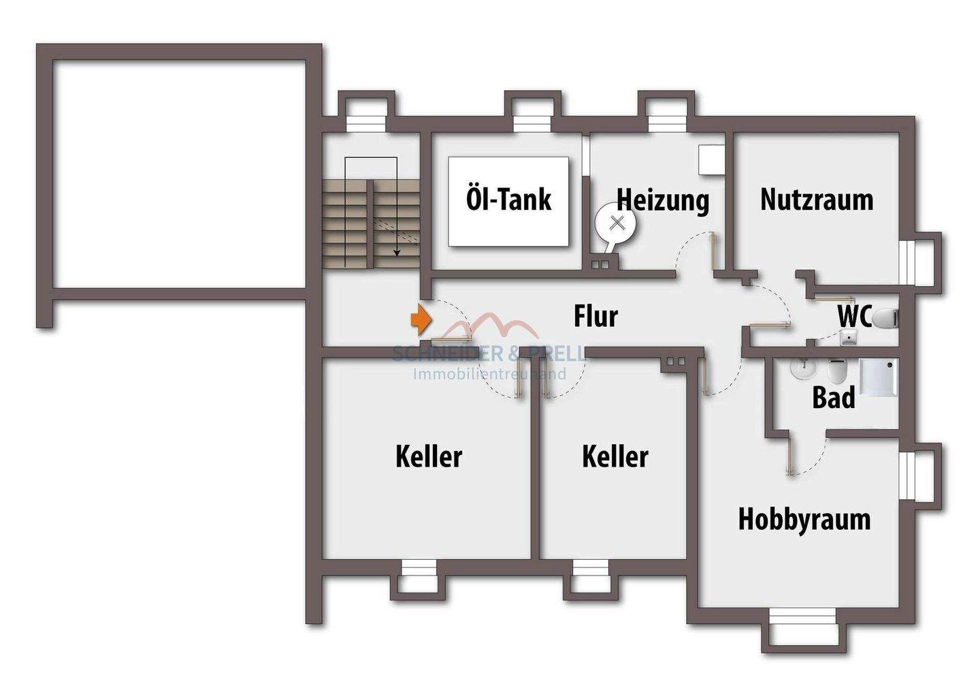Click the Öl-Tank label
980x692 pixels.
(508, 200)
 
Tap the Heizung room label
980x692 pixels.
(663, 200)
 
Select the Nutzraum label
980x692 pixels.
(817, 200)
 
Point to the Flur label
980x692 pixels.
(595, 317)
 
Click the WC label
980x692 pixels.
(854, 317)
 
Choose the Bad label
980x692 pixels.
(833, 398)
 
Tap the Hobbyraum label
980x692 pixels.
(804, 519)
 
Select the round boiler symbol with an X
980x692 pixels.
(617, 222)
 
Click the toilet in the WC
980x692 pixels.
(885, 318)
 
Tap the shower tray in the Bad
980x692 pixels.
(879, 377)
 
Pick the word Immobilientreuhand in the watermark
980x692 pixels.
(490, 374)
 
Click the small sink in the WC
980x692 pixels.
(848, 336)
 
